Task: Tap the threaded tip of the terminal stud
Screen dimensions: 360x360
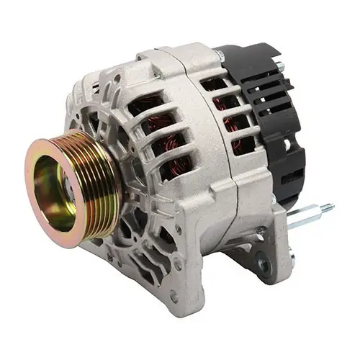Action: point(328,208)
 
